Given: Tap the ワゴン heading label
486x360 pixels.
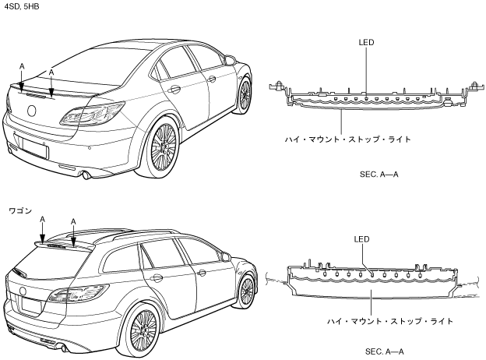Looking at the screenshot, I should [20, 210].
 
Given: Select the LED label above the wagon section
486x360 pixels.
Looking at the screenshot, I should [361, 239].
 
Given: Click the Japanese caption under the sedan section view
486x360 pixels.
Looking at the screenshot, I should [348, 139].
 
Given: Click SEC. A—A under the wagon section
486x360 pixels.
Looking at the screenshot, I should [385, 351].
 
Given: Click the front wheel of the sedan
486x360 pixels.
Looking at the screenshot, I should [245, 94].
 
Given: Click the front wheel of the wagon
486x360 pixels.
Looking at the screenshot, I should [247, 291].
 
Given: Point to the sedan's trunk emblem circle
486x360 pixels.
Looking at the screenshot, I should [32, 110].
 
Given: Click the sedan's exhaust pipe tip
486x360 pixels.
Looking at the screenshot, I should [87, 175].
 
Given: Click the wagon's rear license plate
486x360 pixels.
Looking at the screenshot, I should [30, 306].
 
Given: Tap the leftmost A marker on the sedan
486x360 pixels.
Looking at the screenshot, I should [21, 67].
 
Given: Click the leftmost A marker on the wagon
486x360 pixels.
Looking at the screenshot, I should [44, 220].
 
